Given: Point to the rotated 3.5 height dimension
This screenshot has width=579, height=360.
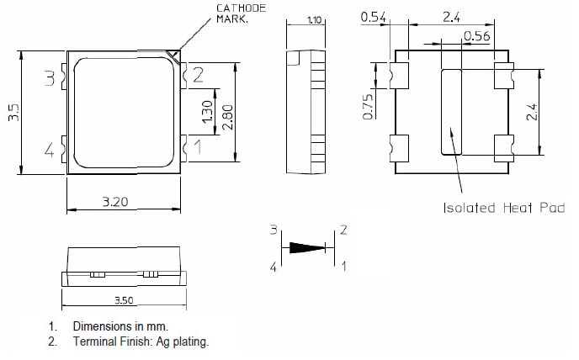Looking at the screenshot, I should tap(13, 114).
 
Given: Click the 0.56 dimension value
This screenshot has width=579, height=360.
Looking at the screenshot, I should tap(476, 36).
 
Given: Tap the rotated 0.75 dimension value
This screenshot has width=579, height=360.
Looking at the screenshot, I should tap(368, 106).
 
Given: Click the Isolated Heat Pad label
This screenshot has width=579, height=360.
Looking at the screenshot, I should tap(504, 209).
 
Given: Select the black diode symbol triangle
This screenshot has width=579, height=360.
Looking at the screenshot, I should tap(306, 248).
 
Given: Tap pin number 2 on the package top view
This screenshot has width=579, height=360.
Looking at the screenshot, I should tap(199, 76).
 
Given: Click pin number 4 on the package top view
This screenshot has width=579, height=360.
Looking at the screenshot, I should tap(49, 151).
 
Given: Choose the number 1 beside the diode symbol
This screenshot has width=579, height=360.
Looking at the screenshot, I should tap(343, 267).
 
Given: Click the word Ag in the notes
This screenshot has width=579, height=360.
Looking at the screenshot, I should tap(158, 341).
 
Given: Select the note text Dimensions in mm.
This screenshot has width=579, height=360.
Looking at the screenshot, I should tap(120, 326).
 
